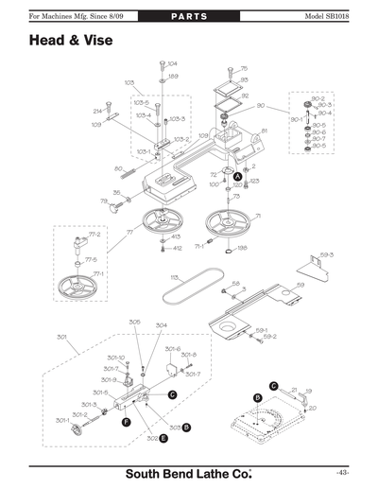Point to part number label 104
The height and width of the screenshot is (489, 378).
(172, 63)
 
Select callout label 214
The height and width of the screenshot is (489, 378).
(97, 112)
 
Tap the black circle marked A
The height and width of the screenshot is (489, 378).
(238, 177)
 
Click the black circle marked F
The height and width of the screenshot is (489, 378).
(126, 424)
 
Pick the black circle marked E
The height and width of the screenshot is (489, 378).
(164, 438)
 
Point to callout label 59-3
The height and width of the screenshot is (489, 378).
(326, 255)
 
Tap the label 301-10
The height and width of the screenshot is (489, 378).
(115, 358)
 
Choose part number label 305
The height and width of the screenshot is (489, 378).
(135, 322)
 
